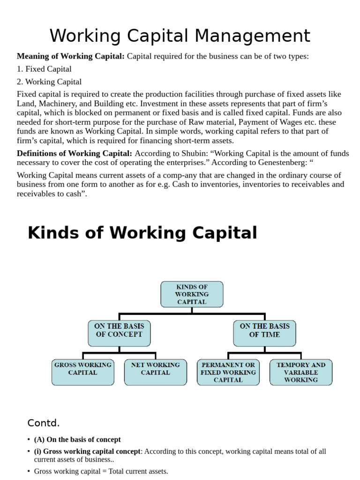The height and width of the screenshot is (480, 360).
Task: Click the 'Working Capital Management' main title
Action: pos(180,36)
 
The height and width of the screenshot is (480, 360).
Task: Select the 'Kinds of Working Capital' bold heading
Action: pos(142,233)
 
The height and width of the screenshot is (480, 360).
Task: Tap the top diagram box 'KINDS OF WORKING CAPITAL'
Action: pos(192,294)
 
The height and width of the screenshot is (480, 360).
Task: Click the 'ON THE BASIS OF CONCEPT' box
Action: pos(119,330)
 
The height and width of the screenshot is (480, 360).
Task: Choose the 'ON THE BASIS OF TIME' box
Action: pos(264,330)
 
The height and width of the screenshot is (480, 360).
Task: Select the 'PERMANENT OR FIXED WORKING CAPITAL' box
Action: pos(228,372)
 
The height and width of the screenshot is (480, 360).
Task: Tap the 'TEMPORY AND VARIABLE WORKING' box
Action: pos(300,372)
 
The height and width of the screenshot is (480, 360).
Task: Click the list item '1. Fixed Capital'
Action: pos(44,69)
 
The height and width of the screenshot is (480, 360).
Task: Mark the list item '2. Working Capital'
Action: pos(49,82)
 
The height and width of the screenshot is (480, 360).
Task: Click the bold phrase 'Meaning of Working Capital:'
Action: pos(71,56)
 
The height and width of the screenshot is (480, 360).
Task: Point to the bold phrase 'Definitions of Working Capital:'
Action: pos(75,153)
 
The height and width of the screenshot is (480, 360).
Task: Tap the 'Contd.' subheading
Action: pos(44,423)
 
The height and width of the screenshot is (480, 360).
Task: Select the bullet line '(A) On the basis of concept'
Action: pos(77,440)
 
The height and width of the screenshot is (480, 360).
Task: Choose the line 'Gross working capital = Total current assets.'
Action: pos(101,471)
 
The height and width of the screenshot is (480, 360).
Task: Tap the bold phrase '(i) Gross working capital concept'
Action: pos(87,451)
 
